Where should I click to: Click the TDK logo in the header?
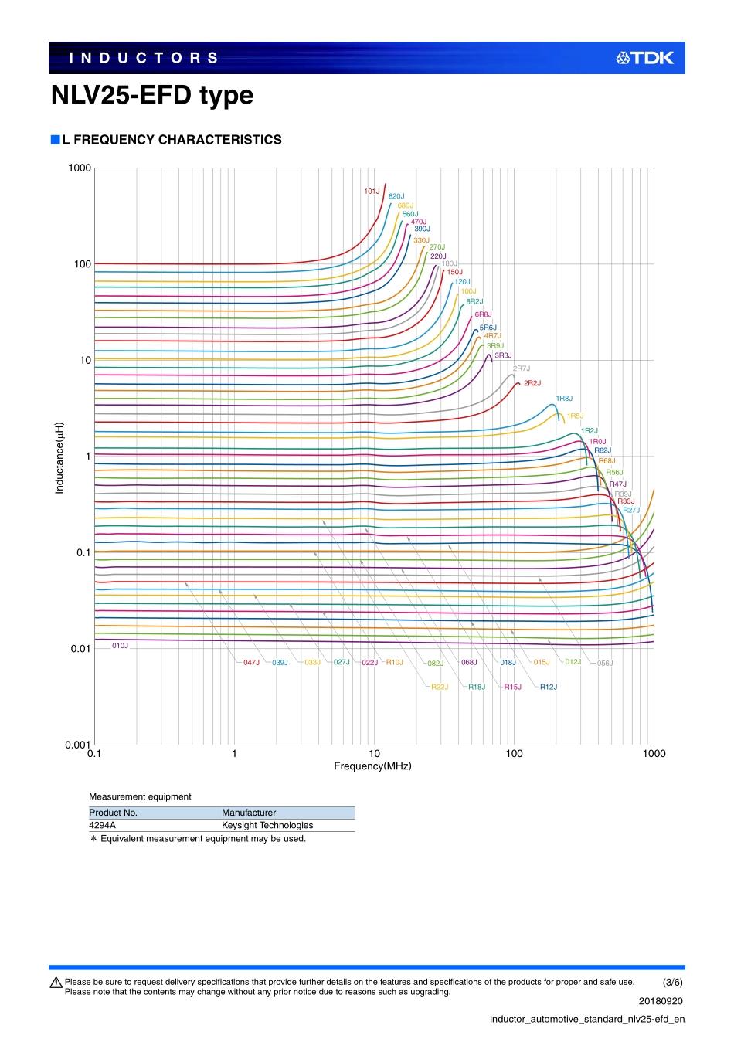tap(645, 58)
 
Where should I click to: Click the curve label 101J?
tap(372, 192)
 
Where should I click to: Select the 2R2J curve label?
tap(532, 383)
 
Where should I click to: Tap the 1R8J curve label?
tap(564, 399)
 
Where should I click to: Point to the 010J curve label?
tap(121, 646)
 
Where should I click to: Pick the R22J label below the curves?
tap(440, 687)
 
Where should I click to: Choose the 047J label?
tap(252, 663)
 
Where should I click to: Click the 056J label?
tap(605, 663)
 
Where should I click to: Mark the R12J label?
tap(549, 687)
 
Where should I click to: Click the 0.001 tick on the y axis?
tap(78, 745)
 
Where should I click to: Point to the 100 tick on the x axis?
tap(514, 754)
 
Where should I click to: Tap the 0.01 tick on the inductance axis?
tap(80, 649)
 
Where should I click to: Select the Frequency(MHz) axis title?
tap(372, 766)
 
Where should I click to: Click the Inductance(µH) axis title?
tap(59, 458)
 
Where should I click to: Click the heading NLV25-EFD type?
tap(152, 95)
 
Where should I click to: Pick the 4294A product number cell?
tap(103, 825)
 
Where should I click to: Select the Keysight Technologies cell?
tap(267, 825)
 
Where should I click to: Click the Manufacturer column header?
tap(249, 813)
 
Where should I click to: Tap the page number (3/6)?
tap(673, 983)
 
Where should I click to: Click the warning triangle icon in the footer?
tap(56, 983)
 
